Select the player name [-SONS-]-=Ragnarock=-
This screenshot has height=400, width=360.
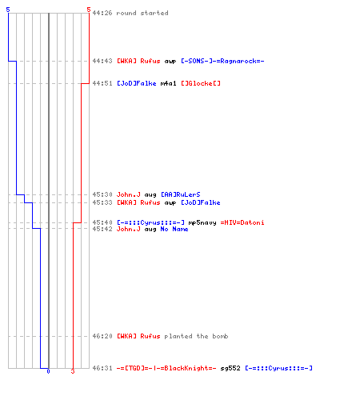coord(222,61)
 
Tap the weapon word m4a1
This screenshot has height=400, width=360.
coord(168,83)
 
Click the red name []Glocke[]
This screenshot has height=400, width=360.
coord(201,83)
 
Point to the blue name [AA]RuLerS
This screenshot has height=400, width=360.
coord(181,194)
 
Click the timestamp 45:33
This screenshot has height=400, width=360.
coord(102,202)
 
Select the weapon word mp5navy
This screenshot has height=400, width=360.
coord(202,222)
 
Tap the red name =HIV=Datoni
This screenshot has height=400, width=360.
coord(242,222)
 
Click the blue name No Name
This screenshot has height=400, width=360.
coord(174,229)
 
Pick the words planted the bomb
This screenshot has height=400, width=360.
coord(196,336)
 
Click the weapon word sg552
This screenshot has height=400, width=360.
coord(230,368)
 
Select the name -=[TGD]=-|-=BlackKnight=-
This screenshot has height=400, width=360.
coord(166,368)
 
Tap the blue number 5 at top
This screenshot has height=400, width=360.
coord(8,10)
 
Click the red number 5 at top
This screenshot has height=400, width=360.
coord(89,10)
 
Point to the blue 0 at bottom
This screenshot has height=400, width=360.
coord(48,371)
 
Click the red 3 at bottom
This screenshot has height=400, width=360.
coord(73,371)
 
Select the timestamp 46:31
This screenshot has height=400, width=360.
coord(102,368)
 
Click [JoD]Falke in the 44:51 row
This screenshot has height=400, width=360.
coord(137,83)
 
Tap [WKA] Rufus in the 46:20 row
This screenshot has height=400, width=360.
coord(138,336)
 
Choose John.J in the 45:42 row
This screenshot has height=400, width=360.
coord(129,229)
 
